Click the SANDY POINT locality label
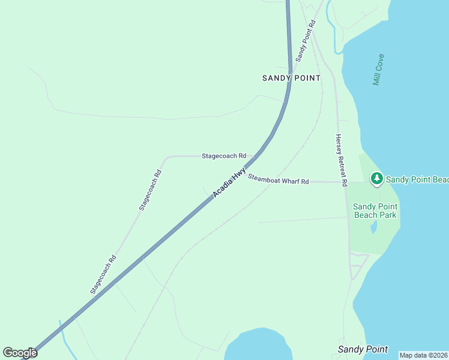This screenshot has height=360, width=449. [x=291, y=78]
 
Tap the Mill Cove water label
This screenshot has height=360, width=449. [x=378, y=70]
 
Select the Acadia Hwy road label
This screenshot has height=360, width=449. [x=229, y=182]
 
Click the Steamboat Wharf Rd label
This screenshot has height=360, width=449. [x=279, y=179]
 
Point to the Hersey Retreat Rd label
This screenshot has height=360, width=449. [x=341, y=159]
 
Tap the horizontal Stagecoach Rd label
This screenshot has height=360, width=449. [x=223, y=156]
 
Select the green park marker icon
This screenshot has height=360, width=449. [x=376, y=178]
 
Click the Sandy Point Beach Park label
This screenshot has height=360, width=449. [x=375, y=211]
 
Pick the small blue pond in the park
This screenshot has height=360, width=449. [x=374, y=227]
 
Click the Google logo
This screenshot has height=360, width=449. [x=20, y=353]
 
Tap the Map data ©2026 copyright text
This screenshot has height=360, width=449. [x=423, y=355]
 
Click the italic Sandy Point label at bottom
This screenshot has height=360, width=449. [x=363, y=349]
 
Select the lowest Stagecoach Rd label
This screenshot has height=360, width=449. [x=103, y=275]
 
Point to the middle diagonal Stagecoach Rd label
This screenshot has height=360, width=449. [x=150, y=190]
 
